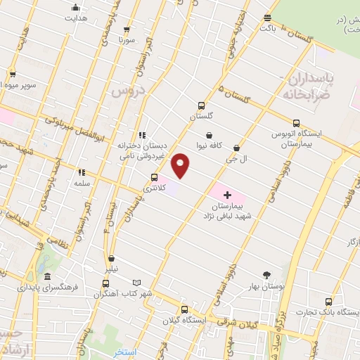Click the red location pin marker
coord(181,165)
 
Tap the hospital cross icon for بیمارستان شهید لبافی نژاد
coord(226,194)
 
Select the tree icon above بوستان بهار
coord(266,275)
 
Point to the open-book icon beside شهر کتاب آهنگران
coord(137,283)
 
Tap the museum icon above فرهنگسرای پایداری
coord(47,276)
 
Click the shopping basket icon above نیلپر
coord(112,259)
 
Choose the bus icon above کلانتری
coord(155,177)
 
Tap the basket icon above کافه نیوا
coord(209,135)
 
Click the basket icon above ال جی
coord(236,148)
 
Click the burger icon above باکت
coord(267,18)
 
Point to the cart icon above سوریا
coord(126,30)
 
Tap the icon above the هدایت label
coord(76,8)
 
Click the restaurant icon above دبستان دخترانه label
coord(142,135)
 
